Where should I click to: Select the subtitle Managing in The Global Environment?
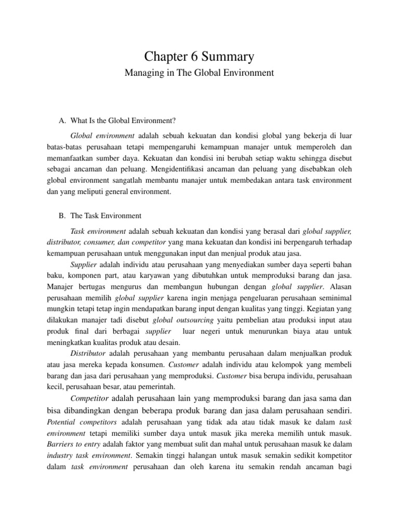coord(199,73)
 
